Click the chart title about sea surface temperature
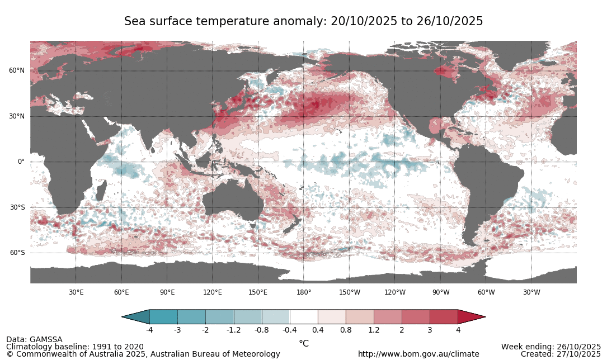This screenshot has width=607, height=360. click(x=303, y=21)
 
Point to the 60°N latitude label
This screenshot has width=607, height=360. click(x=16, y=70)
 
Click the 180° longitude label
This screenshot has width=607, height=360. click(x=303, y=292)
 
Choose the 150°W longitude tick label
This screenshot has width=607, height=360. click(x=349, y=292)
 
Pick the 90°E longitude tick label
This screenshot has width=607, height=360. click(x=167, y=292)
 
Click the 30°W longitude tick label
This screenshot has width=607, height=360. click(x=531, y=292)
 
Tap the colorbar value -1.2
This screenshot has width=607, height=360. click(x=233, y=330)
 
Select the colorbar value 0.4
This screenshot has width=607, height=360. click(x=318, y=330)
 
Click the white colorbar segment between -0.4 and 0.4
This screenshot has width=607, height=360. click(x=304, y=317)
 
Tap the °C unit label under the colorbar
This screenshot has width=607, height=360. click(x=304, y=343)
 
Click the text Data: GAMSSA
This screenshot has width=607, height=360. click(x=34, y=339)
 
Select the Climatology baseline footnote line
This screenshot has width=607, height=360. click(x=74, y=347)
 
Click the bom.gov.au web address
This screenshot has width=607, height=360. click(x=418, y=354)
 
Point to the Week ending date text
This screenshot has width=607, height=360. click(x=550, y=347)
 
